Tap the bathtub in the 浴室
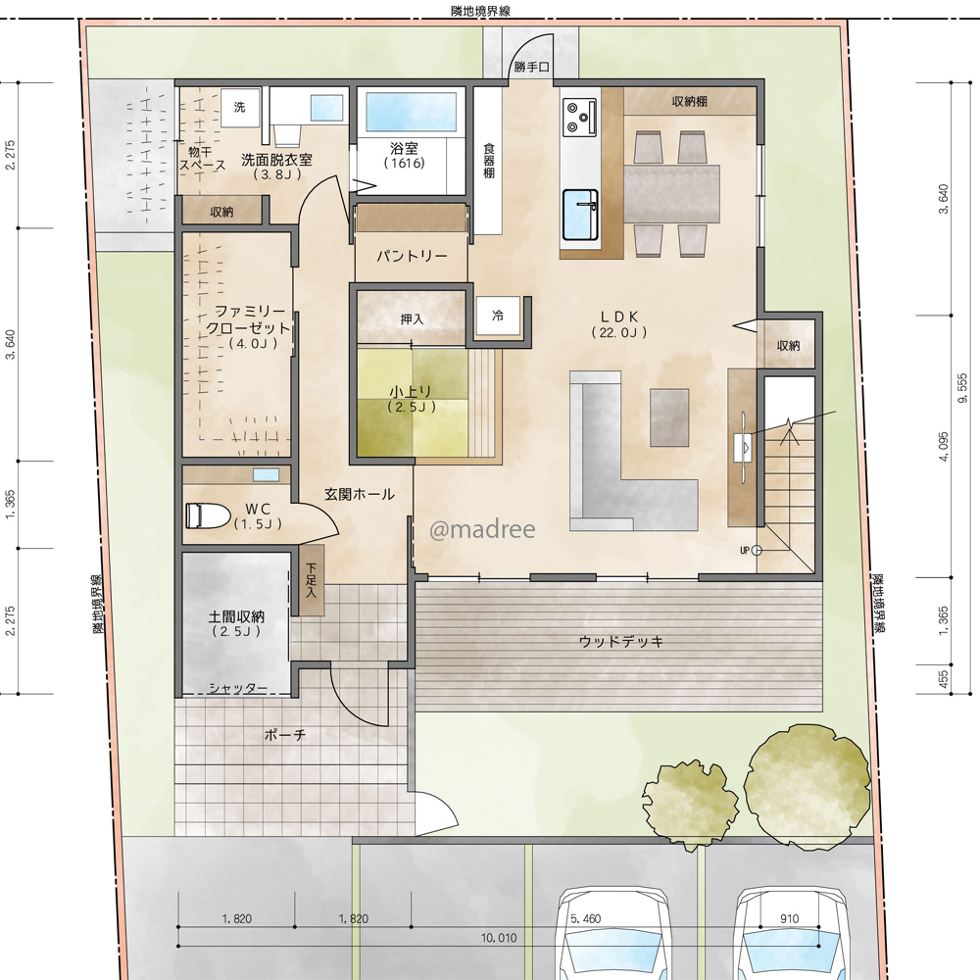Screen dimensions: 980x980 410,113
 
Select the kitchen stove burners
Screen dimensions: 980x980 579,117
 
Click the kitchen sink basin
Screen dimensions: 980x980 580,215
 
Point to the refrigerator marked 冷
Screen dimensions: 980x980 498,317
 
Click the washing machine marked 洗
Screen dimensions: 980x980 239,108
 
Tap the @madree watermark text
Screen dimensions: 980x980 482,529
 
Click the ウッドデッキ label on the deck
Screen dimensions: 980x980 620,641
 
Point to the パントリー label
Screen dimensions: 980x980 412,256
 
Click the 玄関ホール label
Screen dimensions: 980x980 360,494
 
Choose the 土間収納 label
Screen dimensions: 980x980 236,616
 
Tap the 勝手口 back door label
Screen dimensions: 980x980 531,67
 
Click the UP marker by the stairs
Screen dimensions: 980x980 745,551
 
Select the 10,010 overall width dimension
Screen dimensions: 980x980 499,938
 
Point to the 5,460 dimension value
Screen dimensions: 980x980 586,919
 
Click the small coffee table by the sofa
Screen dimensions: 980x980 669,417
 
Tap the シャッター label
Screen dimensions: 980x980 238,689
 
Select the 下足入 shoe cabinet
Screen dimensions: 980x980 311,580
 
